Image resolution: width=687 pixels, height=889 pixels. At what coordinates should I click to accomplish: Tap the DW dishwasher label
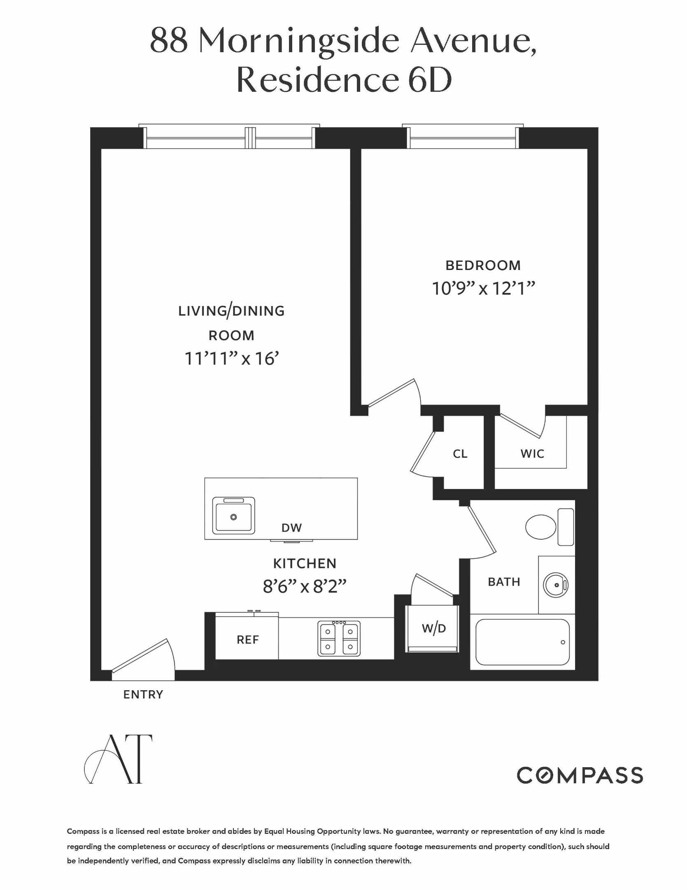click(x=291, y=528)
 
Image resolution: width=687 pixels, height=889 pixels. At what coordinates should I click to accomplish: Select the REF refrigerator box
click(x=247, y=639)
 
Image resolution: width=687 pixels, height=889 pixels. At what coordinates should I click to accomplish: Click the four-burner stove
click(x=339, y=638)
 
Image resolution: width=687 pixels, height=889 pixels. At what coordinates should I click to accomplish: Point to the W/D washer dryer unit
click(x=433, y=628)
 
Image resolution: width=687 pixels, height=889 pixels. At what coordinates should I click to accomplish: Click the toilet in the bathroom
click(x=541, y=527)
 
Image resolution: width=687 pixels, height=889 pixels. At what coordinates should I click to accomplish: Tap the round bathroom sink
click(x=556, y=584)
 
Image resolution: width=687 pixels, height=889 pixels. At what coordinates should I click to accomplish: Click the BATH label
click(x=504, y=582)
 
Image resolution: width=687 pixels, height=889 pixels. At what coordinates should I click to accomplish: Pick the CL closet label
click(x=460, y=454)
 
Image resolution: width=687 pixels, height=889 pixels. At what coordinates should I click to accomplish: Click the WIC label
click(x=532, y=454)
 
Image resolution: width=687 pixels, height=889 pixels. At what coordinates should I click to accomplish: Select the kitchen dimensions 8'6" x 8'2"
click(x=305, y=586)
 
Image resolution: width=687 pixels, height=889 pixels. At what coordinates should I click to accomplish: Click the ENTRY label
click(x=143, y=695)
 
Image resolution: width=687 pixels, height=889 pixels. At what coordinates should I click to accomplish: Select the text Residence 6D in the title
click(x=344, y=80)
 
